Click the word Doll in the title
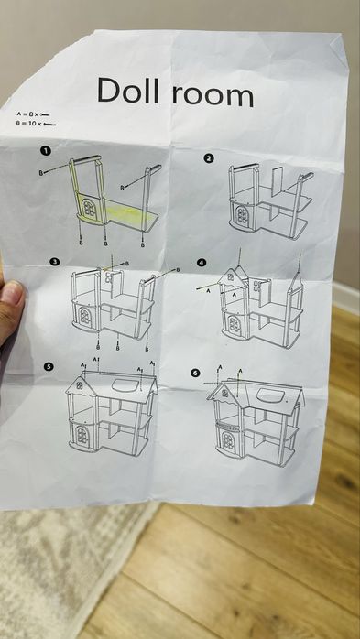129,91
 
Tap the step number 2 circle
209,157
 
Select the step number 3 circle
54,262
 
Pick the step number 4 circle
202,263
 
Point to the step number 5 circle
49,366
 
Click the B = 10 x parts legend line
36,122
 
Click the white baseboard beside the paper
345,298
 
